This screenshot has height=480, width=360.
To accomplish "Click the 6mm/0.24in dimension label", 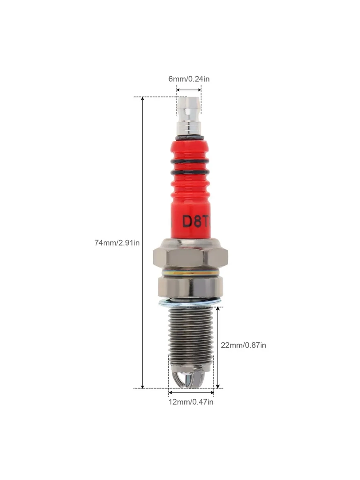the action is (x=189, y=79).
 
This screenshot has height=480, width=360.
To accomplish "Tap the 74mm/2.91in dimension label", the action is (x=117, y=243).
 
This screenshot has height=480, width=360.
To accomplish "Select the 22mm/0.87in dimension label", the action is (x=243, y=345).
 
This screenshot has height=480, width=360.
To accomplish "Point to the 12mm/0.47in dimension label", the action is (x=191, y=402).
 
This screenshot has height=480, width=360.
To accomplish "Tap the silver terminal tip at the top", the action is (x=189, y=116).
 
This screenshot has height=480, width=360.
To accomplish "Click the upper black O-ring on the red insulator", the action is (x=190, y=161).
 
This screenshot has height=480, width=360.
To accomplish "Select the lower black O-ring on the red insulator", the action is (x=190, y=172).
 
